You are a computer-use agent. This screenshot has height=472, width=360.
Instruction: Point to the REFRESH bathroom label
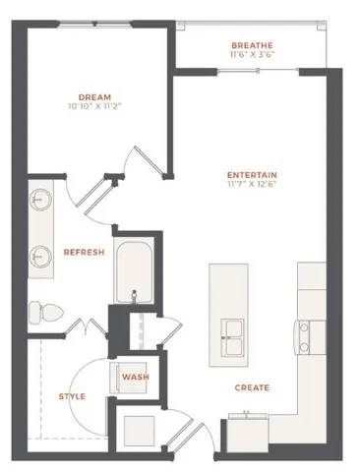pos(84,253)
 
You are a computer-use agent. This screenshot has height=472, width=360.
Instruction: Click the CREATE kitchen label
pos(252,387)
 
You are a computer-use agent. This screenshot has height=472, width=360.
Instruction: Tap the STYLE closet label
pos(71,396)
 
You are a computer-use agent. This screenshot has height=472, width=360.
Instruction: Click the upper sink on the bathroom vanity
pos(41,200)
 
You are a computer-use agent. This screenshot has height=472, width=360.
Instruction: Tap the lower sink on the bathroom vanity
pos(41,256)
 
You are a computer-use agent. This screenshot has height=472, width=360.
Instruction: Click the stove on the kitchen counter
pos(308,336)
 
